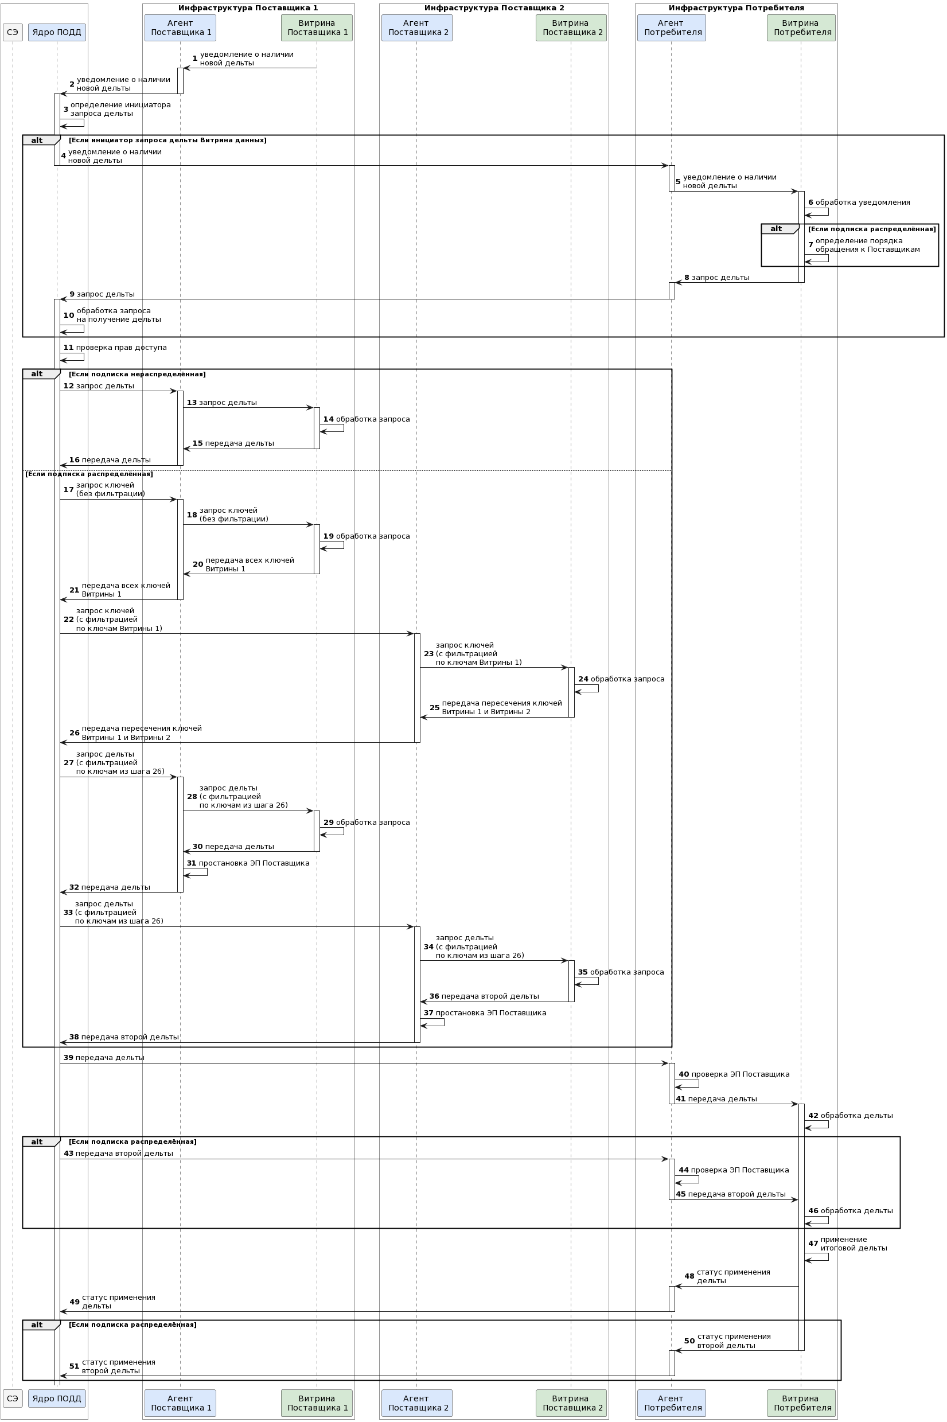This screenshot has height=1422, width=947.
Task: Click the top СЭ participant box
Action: [13, 33]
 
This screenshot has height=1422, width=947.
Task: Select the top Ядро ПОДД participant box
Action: [57, 33]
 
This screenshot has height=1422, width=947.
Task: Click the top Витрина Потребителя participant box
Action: [801, 28]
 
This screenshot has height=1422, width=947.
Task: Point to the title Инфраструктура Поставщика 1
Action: [248, 8]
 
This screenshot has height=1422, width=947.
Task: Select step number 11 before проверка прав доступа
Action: [68, 348]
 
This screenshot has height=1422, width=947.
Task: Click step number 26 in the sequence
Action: [75, 733]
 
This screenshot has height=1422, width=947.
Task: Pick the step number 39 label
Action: [68, 1058]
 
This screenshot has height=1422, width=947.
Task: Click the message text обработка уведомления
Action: [863, 202]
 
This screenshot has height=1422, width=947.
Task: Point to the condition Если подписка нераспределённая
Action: [137, 375]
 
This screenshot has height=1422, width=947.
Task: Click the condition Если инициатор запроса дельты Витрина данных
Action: [167, 140]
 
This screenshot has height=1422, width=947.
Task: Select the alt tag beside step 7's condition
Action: [776, 229]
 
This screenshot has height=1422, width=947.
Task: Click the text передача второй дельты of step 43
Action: [124, 1154]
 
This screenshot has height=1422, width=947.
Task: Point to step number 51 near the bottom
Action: [75, 1366]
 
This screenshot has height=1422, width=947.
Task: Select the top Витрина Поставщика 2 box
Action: [571, 28]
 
